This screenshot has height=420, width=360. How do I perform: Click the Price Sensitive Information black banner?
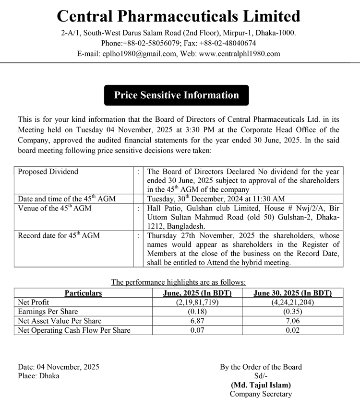coord(176,95)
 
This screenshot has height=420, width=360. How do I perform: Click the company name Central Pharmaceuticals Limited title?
coord(179,16)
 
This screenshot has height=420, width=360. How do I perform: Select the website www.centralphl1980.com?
coord(239,54)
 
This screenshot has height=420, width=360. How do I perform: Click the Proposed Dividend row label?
coord(48,172)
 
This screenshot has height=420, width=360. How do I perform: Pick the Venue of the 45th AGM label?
coord(54,208)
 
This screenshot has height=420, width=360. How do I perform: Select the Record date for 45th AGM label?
coord(59,236)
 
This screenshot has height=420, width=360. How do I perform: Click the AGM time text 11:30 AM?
coord(270,198)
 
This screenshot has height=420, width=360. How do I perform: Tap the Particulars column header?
coord(83,293)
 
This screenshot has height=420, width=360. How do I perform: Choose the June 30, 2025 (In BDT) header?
coord(292,293)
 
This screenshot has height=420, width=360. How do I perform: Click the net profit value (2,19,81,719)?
coord(197,303)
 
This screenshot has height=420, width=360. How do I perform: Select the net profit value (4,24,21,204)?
coord(292,303)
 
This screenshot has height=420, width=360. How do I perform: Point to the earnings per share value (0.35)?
coord(292,312)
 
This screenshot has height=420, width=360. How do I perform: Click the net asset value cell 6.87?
coord(197,321)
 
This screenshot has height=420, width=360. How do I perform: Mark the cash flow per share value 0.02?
coord(292,330)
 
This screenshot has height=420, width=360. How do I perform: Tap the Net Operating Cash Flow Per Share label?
coord(74,330)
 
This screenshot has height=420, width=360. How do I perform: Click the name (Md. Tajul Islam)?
coord(261,385)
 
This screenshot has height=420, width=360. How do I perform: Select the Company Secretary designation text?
coord(261,394)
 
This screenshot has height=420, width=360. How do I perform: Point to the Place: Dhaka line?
coord(39,376)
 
